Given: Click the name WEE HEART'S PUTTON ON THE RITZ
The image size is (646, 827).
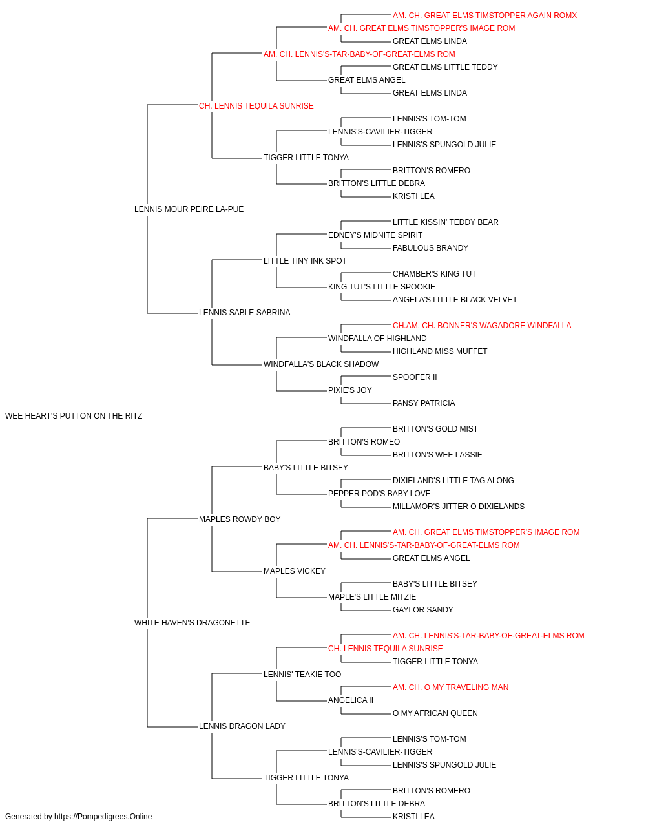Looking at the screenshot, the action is click(x=74, y=416).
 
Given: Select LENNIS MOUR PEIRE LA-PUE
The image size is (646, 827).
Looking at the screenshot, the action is click(x=189, y=209).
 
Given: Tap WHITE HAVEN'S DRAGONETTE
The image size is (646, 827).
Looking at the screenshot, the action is click(x=192, y=623).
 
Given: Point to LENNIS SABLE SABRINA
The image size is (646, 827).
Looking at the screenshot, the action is click(x=244, y=313).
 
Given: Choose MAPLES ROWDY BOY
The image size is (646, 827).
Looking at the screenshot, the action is click(x=239, y=519).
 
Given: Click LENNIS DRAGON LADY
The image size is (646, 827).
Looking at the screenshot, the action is click(x=242, y=726).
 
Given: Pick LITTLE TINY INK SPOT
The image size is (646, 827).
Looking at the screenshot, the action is click(x=305, y=261).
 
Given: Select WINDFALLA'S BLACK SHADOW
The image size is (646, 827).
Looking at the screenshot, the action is click(x=321, y=364).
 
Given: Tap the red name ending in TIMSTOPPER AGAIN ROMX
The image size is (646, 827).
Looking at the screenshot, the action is click(x=484, y=16).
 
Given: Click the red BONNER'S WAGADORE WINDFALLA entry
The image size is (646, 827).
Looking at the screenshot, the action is click(x=482, y=326).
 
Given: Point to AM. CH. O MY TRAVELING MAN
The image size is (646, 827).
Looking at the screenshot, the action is click(x=450, y=687).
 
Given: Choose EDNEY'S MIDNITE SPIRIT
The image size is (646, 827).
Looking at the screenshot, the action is click(x=375, y=235).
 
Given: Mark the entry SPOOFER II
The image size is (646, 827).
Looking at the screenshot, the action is click(x=415, y=377).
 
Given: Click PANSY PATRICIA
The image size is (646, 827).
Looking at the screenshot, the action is click(x=424, y=403).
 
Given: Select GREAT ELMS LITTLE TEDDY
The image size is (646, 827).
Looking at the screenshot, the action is click(x=445, y=67).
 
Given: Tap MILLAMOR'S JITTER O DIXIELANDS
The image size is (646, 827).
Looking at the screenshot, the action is click(x=459, y=507).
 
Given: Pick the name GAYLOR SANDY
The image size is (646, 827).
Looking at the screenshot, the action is click(x=422, y=610).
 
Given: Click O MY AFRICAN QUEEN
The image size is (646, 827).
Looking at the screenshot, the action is click(x=435, y=713).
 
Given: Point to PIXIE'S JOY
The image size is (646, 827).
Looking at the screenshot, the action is click(x=349, y=390).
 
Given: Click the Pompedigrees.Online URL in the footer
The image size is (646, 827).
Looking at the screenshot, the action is click(x=103, y=817).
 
